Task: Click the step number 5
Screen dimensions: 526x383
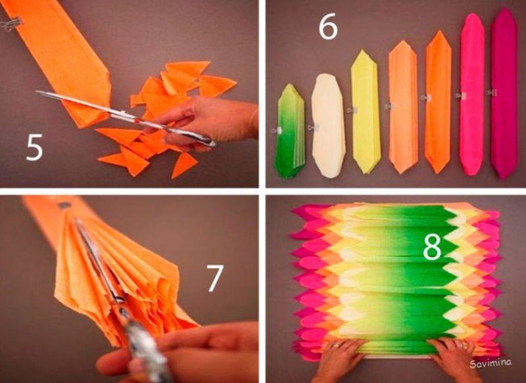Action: point(35,146)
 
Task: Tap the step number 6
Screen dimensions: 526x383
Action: point(327,28)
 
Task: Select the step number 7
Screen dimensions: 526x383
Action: point(214,278)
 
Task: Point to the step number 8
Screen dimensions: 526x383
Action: point(432,246)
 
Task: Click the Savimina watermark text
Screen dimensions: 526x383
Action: point(490,363)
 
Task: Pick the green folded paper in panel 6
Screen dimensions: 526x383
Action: point(289,131)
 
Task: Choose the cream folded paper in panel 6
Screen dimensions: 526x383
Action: point(328,125)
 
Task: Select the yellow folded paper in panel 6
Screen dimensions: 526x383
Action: point(366,112)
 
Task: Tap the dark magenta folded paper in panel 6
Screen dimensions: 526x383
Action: point(504,94)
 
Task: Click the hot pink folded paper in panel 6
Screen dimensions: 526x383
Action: point(472,94)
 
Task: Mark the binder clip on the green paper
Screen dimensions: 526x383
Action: point(276,130)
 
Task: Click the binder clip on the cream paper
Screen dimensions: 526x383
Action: point(313,127)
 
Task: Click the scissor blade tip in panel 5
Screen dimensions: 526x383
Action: point(37,92)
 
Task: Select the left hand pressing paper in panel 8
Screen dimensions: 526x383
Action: point(338,360)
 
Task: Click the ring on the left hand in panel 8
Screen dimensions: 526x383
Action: point(337,344)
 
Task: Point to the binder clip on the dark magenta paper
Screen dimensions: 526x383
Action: point(491,93)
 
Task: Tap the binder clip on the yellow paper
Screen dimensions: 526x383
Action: point(352,110)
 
